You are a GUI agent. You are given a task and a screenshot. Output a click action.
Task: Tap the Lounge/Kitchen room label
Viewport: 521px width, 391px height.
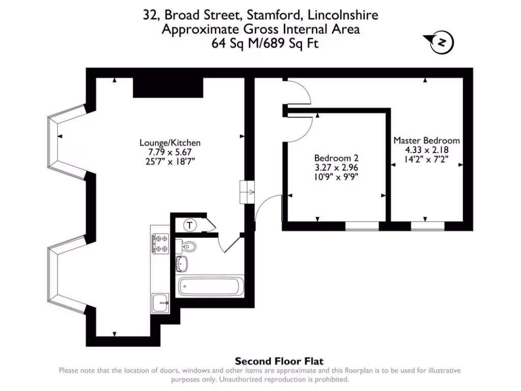pyautogui.click(x=170, y=143)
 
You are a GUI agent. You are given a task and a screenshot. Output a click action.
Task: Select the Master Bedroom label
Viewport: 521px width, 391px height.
pyautogui.click(x=426, y=141)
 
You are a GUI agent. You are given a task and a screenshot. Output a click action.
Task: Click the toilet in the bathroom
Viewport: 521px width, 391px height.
pyautogui.click(x=188, y=246)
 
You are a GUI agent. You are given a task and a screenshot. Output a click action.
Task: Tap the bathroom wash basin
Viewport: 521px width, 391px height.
pyautogui.click(x=182, y=264)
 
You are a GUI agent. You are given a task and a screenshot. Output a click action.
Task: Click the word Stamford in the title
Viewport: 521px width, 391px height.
pyautogui.click(x=268, y=15)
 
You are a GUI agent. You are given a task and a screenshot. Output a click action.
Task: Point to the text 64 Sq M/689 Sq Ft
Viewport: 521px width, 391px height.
pyautogui.click(x=260, y=43)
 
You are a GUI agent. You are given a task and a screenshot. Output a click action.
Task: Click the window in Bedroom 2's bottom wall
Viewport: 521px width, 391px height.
pyautogui.click(x=362, y=226)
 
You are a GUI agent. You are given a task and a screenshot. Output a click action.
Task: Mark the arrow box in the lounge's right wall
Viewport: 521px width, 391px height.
pyautogui.click(x=246, y=192)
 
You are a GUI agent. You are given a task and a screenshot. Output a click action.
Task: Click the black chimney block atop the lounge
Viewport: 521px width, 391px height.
pyautogui.click(x=168, y=87)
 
